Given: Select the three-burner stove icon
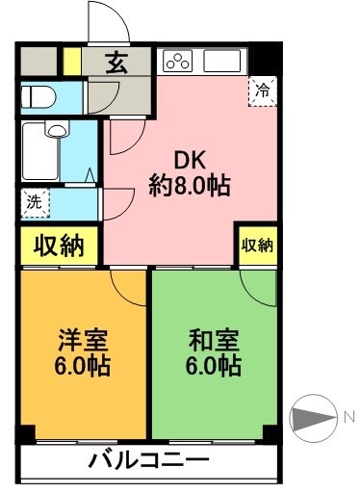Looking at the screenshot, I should coord(178,62).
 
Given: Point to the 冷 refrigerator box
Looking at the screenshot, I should coord(262,91).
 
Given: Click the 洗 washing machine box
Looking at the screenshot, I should coord(34,202).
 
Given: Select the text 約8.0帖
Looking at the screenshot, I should coord(190,186).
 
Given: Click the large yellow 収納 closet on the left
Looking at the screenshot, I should coord(57,245).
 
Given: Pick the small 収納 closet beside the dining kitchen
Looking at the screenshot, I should coord(257,246).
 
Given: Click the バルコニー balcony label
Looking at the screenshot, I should coord(148,459).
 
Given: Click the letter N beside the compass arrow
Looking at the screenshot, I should coord(347,416).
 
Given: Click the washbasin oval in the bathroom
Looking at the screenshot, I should coord(56,130).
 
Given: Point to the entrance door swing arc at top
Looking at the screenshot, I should coord(104,21).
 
